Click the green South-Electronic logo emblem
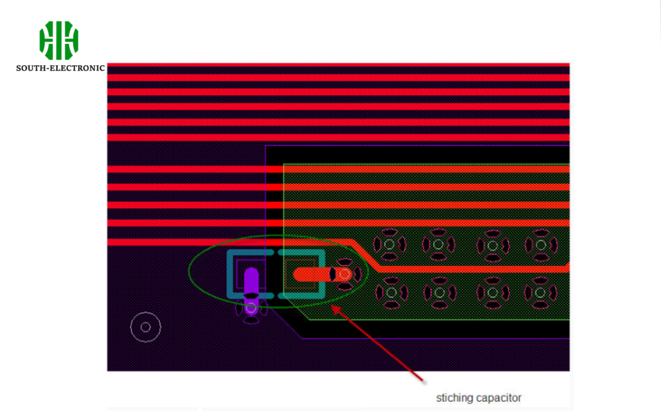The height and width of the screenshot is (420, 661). pos(59,41)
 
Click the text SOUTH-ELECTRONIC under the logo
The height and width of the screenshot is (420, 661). pos(60,68)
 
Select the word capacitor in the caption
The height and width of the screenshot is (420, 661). pos(499,398)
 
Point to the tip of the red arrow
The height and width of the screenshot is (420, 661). pos(331,306)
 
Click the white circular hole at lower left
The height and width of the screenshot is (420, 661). pos(145,327)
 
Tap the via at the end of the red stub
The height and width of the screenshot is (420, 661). pos(345,275)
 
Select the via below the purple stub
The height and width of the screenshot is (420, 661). pos(251,308)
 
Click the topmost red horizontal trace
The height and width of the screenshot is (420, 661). pos(338,65)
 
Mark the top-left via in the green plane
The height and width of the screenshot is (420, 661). pos(389,245)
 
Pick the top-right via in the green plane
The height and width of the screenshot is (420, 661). pos(542,245)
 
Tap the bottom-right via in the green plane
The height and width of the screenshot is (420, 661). pos(540,292)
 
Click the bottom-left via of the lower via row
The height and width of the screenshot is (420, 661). pos(391,292)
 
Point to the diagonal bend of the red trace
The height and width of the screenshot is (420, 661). pos(366,255)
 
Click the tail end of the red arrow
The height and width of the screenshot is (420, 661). pos(422,381)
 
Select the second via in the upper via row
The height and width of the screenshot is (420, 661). pos(438,245)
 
